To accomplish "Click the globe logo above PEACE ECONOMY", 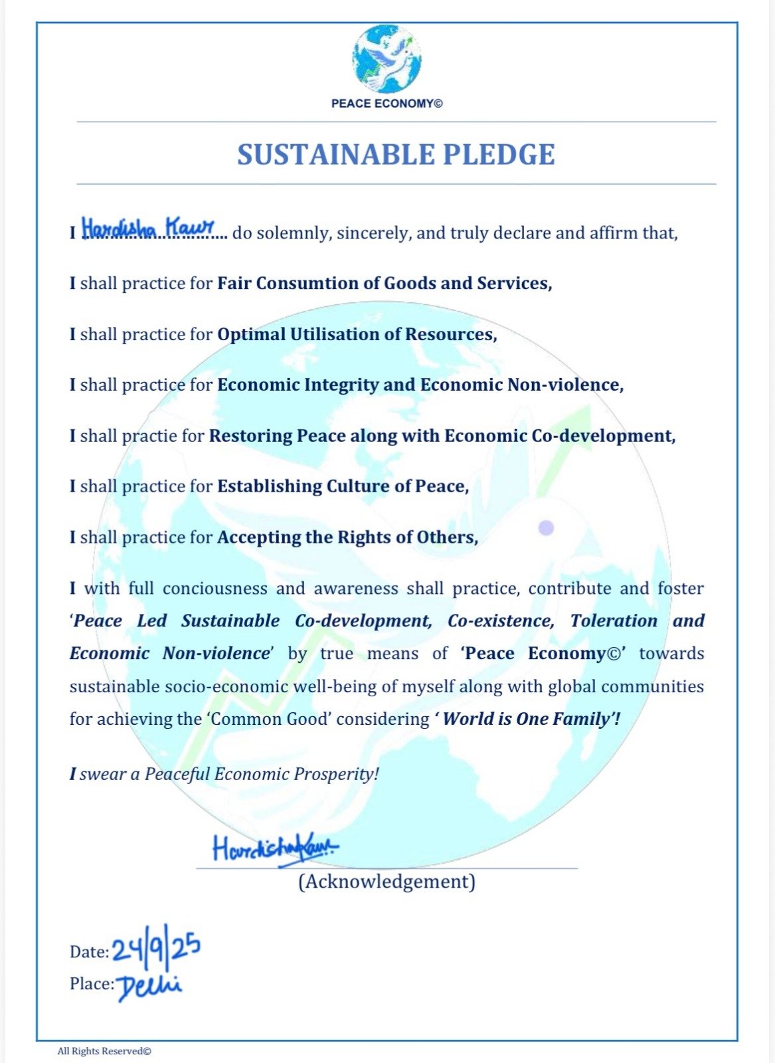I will pos(387,59).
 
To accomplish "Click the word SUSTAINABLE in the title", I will pos(334,154).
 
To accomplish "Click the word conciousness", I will pos(213,589).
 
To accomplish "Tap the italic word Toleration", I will pos(614,621).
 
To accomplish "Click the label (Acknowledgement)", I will pos(387,882).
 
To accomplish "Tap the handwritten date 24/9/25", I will pos(156,948).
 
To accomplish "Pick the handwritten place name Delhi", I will pos(149,986).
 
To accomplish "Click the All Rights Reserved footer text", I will pos(104,1051).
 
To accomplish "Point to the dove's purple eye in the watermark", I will pos(546,528).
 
